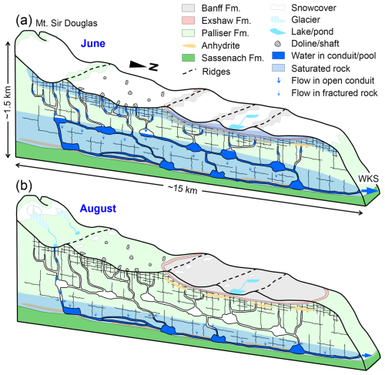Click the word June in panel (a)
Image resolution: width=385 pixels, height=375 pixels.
[93, 43]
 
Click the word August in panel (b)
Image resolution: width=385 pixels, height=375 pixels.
[98, 209]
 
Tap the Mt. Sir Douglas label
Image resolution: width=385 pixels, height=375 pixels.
[66, 23]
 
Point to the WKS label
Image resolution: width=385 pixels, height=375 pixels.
[368, 179]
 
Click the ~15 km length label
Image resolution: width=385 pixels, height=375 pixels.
[182, 189]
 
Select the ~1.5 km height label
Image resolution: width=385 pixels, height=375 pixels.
[8, 102]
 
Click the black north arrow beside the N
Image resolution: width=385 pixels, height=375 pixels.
[138, 65]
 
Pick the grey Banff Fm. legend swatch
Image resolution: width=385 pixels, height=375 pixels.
[188, 8]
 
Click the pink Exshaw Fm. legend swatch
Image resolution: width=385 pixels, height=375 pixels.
[188, 21]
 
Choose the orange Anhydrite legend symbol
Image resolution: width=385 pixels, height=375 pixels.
[189, 45]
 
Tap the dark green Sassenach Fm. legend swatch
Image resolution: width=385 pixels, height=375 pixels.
[188, 58]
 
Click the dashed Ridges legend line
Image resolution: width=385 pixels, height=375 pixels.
[189, 72]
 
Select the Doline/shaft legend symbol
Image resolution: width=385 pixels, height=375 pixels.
[278, 44]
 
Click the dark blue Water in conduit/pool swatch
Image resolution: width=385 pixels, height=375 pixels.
[278, 55]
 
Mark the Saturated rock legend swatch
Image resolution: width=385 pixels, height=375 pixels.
[278, 68]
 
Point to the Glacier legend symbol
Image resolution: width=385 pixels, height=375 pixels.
[278, 20]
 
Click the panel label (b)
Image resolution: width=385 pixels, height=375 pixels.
[24, 186]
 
